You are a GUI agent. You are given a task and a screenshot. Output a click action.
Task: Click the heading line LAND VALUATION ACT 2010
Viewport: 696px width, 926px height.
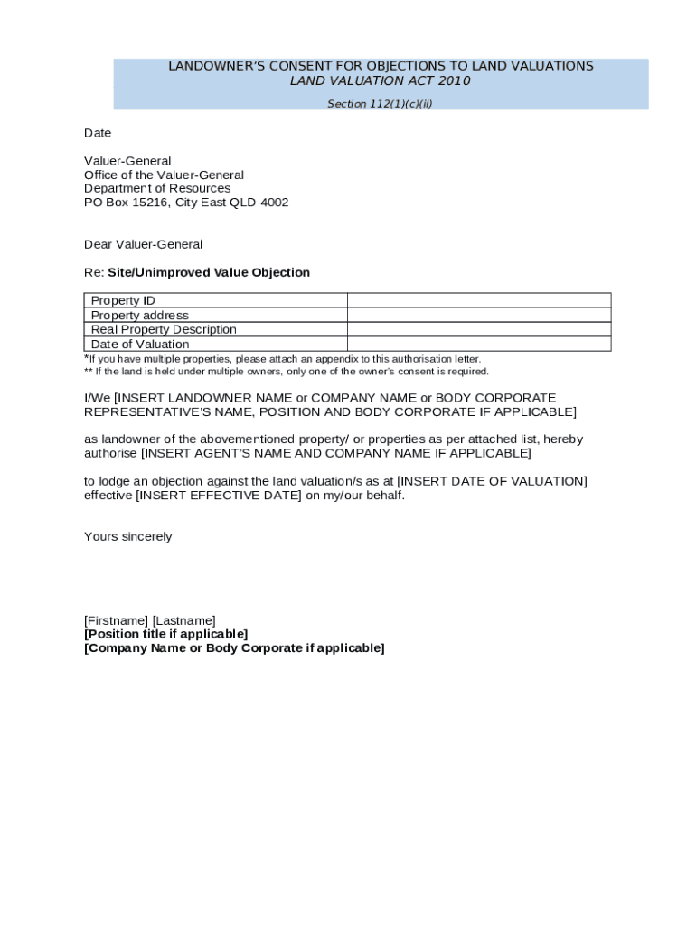click(380, 80)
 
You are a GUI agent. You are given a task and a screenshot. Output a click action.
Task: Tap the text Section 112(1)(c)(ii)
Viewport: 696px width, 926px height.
click(380, 104)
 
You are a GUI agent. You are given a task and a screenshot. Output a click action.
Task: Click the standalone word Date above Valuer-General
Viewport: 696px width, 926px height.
click(98, 133)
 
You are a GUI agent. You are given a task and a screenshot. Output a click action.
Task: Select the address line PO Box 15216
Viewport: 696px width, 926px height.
click(186, 203)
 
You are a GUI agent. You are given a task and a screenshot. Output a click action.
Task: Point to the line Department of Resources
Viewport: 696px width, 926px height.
click(157, 188)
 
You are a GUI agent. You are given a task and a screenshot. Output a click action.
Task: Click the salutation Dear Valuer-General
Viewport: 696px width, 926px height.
click(143, 244)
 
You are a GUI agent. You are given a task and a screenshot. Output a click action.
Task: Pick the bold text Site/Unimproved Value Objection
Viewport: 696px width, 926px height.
click(209, 272)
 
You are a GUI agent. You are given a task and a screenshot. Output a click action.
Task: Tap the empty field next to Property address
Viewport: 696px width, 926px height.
click(479, 315)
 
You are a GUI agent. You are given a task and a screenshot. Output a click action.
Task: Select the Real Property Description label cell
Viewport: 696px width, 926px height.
click(164, 329)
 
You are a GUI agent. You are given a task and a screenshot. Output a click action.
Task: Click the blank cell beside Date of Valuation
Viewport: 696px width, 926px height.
click(479, 344)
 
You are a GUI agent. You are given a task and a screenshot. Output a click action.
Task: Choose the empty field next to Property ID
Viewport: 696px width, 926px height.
click(479, 300)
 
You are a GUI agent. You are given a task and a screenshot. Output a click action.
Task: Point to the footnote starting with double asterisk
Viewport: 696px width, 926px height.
click(287, 372)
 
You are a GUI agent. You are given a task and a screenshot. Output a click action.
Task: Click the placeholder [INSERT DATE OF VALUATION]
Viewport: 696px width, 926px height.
click(492, 481)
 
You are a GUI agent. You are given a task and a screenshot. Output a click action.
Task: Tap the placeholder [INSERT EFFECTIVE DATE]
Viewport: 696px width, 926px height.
click(219, 496)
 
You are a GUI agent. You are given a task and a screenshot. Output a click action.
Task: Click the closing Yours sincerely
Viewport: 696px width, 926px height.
click(127, 536)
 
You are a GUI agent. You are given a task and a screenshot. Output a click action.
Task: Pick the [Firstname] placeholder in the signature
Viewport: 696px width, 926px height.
click(116, 620)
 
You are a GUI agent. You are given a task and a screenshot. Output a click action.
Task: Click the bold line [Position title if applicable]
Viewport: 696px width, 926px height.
click(165, 634)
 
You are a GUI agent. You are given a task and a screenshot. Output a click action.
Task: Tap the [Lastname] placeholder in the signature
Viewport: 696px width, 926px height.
click(183, 620)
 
